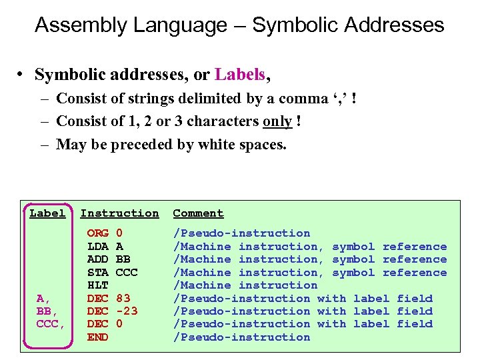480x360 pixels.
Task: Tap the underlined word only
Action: click(277, 121)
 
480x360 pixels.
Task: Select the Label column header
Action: click(47, 213)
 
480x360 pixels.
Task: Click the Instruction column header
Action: click(119, 213)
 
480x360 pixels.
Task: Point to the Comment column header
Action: click(198, 213)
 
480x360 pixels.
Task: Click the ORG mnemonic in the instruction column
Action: click(98, 233)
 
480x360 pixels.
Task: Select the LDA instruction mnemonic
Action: click(98, 247)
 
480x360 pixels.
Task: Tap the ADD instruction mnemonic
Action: click(98, 259)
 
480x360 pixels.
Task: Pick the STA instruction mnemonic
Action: click(98, 272)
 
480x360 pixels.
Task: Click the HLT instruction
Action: click(98, 285)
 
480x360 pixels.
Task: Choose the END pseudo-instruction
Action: click(98, 337)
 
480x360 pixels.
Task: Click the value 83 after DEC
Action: click(123, 298)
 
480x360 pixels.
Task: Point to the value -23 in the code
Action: click(127, 311)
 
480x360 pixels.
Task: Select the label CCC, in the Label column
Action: click(51, 324)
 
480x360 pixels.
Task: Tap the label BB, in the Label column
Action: click(47, 311)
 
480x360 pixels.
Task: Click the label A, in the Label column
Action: click(44, 298)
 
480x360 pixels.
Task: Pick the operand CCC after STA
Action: click(127, 272)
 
